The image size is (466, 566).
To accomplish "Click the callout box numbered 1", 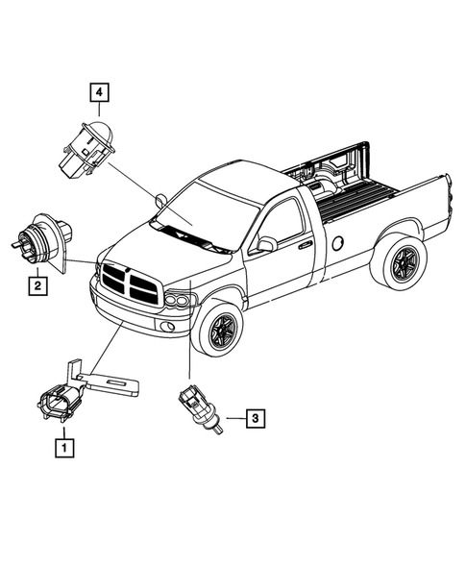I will tap(64, 447).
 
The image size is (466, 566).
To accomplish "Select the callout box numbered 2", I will tap(36, 285).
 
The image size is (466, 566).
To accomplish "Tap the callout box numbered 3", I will tap(254, 418).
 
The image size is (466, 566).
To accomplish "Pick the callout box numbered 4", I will tap(100, 93).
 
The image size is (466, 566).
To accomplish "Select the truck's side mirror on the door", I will tap(265, 245).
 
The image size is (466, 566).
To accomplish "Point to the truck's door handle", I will tap(305, 245).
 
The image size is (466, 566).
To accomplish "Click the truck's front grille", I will tap(127, 282).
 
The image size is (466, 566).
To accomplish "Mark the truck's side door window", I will tap(281, 223).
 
